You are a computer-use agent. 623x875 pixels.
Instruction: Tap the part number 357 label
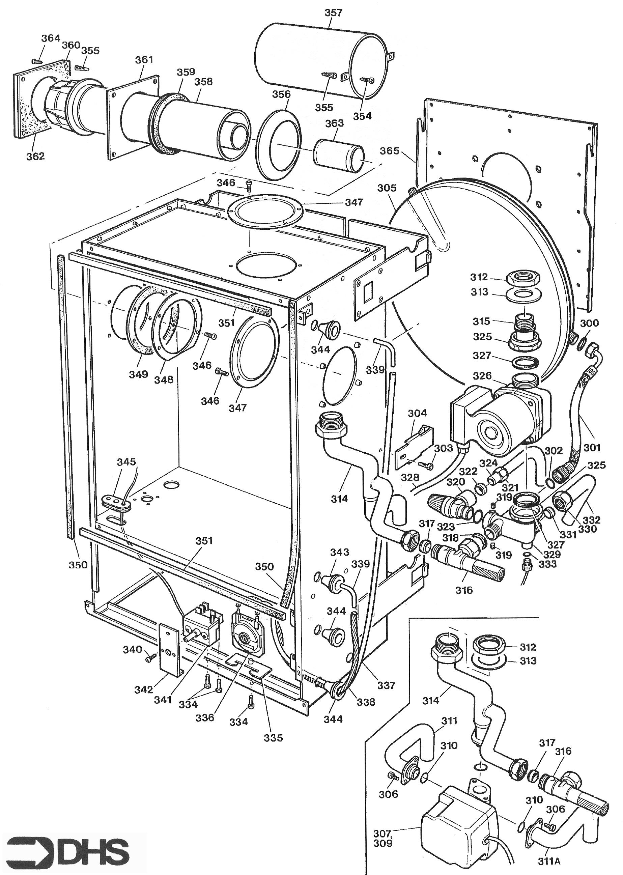(x=333, y=13)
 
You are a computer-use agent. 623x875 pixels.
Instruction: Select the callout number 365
(x=389, y=151)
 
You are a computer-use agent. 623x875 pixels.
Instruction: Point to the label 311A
(x=548, y=861)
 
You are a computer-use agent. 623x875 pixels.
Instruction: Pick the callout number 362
(x=35, y=156)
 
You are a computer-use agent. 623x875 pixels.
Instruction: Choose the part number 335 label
(x=273, y=738)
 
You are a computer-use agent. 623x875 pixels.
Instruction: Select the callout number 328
(x=410, y=477)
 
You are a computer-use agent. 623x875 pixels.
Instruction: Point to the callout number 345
(x=126, y=461)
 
